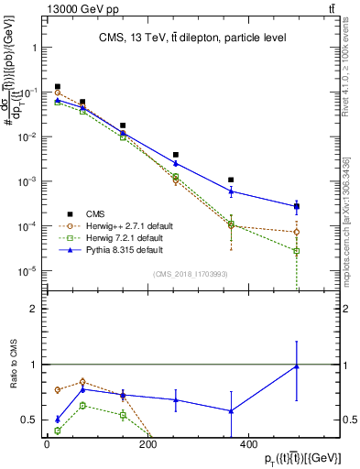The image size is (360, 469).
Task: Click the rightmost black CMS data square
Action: point(297,206)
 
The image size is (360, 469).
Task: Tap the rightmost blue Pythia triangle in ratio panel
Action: point(297,366)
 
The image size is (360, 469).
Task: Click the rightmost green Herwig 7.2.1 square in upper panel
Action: point(297,251)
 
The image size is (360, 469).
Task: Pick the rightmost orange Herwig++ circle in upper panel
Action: point(297,232)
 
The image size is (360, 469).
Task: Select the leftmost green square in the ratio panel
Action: point(58,431)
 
